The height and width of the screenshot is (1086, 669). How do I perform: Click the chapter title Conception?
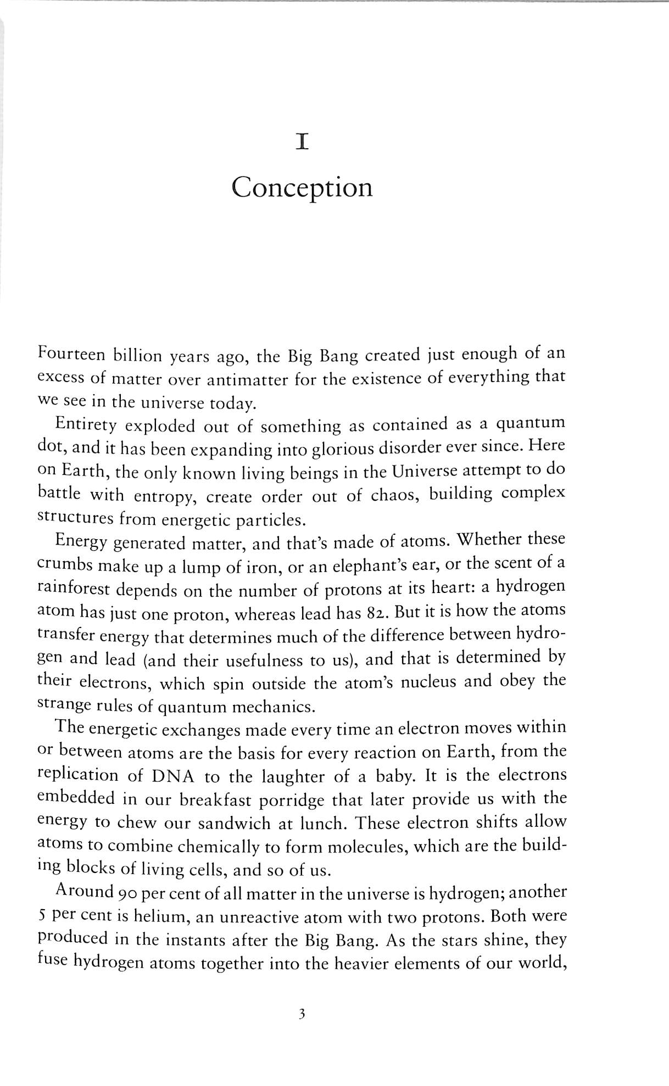302,188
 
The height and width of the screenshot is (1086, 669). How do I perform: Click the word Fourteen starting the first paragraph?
71,355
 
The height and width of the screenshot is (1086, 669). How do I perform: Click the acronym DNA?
169,776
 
